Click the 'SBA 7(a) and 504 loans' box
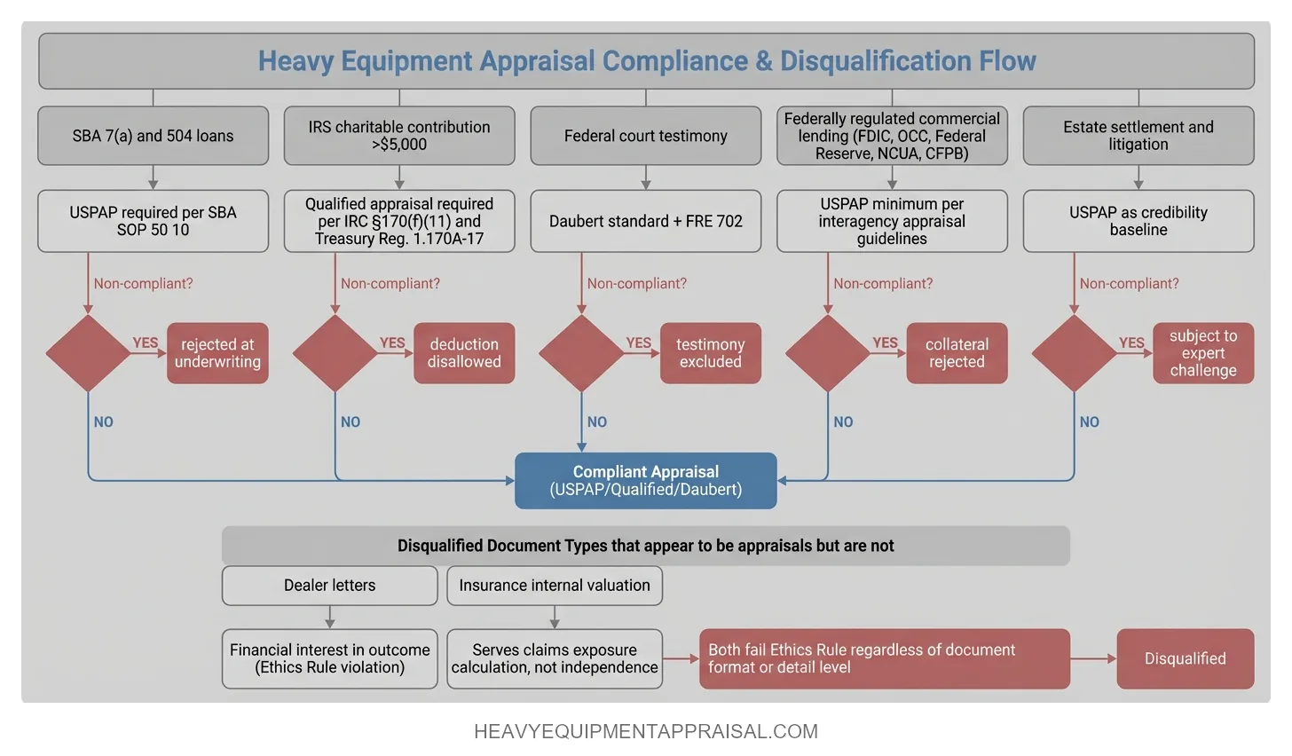point(153,136)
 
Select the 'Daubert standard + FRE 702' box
point(645,221)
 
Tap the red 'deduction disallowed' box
point(464,353)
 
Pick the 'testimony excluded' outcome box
point(710,353)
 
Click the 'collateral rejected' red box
point(957,353)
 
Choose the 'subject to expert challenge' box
point(1202,353)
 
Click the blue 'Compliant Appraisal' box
point(645,481)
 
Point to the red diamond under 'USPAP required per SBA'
point(88,353)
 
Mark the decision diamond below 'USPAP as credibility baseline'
point(1074,353)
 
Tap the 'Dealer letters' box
point(329,586)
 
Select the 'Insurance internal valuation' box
point(555,586)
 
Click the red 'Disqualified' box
point(1185,658)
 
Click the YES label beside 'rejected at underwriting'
point(146,343)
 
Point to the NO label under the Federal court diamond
point(597,422)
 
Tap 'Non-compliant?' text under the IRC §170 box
point(390,284)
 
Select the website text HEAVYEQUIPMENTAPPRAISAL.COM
point(646,732)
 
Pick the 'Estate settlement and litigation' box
point(1138,136)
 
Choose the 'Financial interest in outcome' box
point(329,658)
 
